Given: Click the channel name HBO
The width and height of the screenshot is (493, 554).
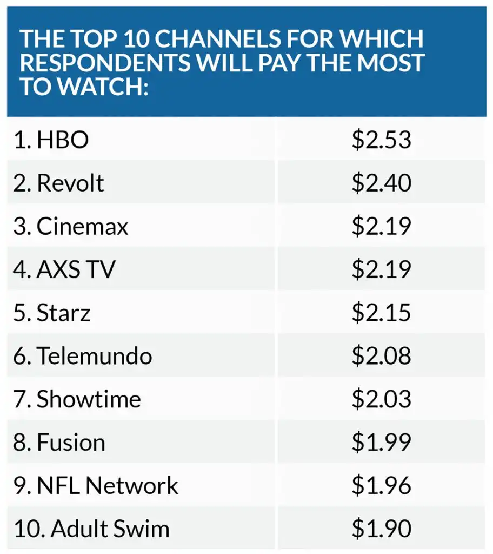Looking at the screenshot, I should [x=62, y=140].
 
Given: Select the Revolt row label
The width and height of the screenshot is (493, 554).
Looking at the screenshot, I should [x=70, y=183].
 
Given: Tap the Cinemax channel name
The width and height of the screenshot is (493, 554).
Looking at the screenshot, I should [x=82, y=227].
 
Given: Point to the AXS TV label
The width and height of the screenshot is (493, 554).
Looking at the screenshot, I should [x=76, y=269].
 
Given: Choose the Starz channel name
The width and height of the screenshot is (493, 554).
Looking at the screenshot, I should [x=63, y=313].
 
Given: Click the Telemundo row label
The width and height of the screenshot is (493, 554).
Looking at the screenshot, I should [x=94, y=356].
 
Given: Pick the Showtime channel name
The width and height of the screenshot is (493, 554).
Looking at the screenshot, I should [x=88, y=399].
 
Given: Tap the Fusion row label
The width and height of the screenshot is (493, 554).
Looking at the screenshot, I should [x=71, y=443].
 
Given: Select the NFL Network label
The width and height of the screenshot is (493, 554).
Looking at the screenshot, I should [x=107, y=486].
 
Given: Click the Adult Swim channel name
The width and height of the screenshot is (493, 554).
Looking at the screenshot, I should [x=110, y=529].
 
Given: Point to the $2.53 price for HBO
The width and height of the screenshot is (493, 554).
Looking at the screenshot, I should [x=382, y=140].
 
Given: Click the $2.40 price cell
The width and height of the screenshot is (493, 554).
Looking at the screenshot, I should [x=382, y=183].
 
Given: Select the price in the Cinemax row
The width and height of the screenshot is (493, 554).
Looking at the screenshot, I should [x=382, y=227].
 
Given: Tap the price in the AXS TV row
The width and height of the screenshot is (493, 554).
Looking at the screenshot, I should [x=382, y=269].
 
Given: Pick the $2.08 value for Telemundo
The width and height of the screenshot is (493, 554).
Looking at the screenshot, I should [x=382, y=356].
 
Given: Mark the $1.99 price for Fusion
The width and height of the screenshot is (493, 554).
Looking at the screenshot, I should [x=382, y=443].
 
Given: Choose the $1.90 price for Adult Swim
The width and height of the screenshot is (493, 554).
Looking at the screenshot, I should [x=382, y=529].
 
